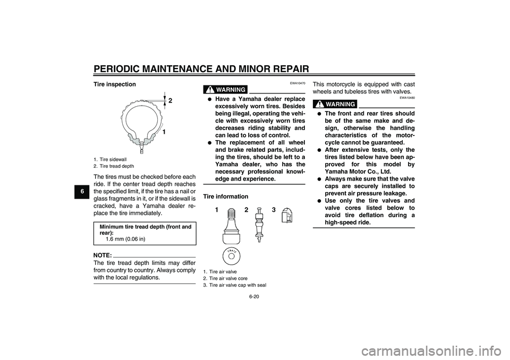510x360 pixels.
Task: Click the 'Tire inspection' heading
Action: click(x=114, y=84)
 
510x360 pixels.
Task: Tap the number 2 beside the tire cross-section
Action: click(x=171, y=101)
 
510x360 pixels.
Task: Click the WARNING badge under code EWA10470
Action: click(x=226, y=89)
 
